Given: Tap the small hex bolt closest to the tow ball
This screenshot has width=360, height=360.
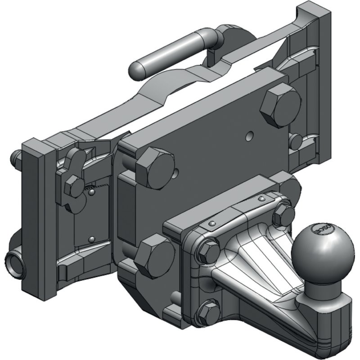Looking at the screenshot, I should [x=284, y=215].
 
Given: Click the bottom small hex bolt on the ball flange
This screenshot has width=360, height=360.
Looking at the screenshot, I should [x=208, y=310].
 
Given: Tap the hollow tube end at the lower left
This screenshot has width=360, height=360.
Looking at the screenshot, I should [x=16, y=262].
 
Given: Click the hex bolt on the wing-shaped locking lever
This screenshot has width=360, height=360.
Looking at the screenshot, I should [x=73, y=186].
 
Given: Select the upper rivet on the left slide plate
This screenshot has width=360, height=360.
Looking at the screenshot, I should [x=91, y=193].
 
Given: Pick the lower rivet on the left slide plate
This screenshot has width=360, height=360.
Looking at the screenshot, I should [x=92, y=239].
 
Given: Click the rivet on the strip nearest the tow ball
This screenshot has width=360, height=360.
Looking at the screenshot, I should [x=261, y=198].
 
